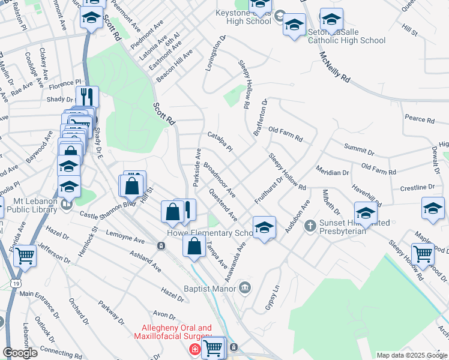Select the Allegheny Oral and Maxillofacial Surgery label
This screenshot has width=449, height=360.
click(x=176, y=332)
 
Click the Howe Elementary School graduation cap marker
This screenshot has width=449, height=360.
click(x=264, y=227)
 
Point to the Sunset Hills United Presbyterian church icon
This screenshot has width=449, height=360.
click(x=310, y=225)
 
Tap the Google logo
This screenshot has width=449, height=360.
click(x=20, y=352)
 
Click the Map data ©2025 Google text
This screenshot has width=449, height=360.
click(x=412, y=355)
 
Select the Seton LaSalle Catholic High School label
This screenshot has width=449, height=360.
click(x=346, y=36)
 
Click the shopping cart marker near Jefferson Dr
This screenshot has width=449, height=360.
click(x=25, y=256)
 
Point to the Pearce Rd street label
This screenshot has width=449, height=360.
click(x=419, y=119)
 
